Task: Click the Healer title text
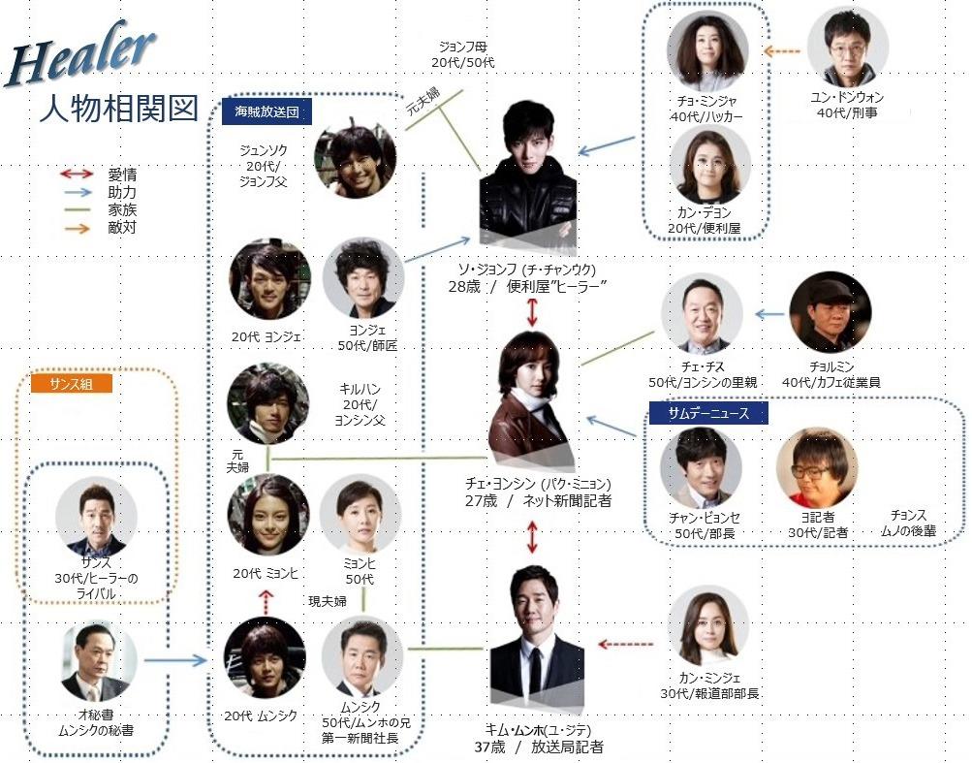click(x=80, y=54)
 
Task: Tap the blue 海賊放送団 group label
click(x=267, y=111)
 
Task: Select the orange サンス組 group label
click(x=72, y=383)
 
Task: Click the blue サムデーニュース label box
click(x=708, y=413)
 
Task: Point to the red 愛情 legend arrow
click(x=77, y=175)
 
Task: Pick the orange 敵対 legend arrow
click(x=77, y=228)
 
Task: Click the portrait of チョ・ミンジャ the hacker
click(x=706, y=50)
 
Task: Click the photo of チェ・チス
click(x=702, y=314)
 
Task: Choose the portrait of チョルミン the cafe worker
click(x=831, y=312)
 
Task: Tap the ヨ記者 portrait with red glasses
click(x=816, y=467)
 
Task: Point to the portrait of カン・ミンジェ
click(x=708, y=628)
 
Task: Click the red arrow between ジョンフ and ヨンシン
click(x=532, y=312)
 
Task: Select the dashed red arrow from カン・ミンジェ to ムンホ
click(x=625, y=645)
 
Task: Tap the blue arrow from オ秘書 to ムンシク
click(x=175, y=660)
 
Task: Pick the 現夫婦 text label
click(x=328, y=601)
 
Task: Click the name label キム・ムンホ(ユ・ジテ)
click(x=539, y=730)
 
